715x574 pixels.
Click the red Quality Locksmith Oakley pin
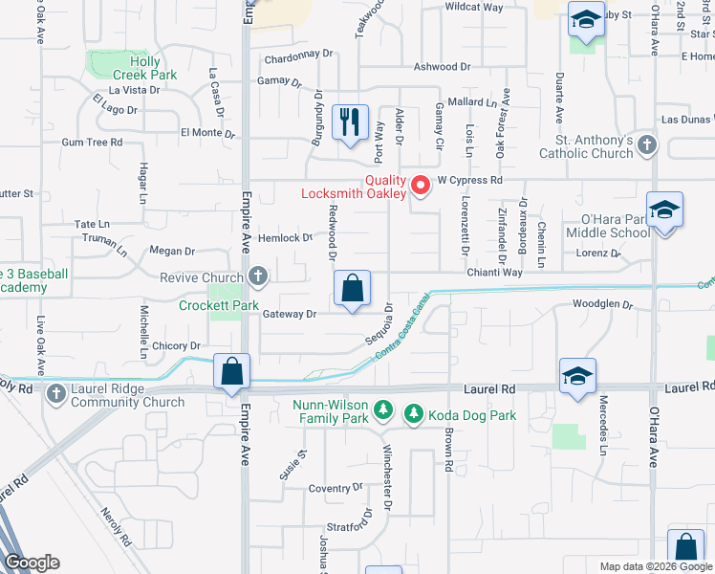(x=420, y=183)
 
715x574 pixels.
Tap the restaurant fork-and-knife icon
(x=350, y=122)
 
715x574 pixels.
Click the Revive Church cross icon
(x=256, y=276)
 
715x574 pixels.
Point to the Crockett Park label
(x=220, y=306)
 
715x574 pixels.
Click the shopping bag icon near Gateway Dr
(x=353, y=287)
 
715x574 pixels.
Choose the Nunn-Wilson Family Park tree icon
(x=382, y=410)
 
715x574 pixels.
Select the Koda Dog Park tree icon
(x=414, y=414)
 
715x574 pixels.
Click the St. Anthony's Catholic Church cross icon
(x=647, y=145)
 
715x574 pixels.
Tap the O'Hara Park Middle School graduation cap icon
(x=664, y=211)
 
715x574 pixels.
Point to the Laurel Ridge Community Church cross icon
(x=56, y=393)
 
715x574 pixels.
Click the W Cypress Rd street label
(x=469, y=180)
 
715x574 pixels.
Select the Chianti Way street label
(x=494, y=273)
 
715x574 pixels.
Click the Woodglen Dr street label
(x=603, y=305)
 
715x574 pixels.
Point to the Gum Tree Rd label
(x=92, y=142)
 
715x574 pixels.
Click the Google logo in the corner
(x=32, y=563)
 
